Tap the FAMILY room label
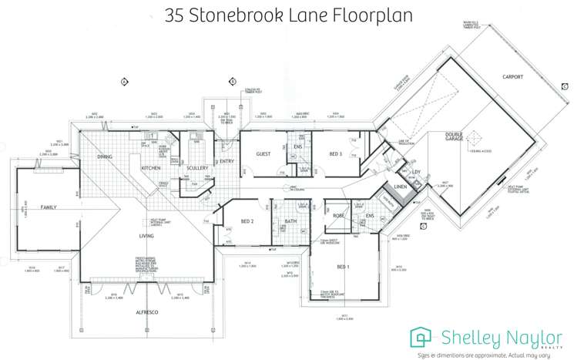(49, 207)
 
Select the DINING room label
(104, 156)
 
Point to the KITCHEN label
(149, 167)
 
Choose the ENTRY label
(226, 161)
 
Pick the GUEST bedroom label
(263, 154)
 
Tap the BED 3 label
(335, 154)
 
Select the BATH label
(290, 221)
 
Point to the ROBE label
(338, 217)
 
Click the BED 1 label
(344, 267)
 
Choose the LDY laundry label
(416, 172)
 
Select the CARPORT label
(512, 77)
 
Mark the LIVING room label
(146, 237)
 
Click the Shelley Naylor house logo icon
(421, 336)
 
